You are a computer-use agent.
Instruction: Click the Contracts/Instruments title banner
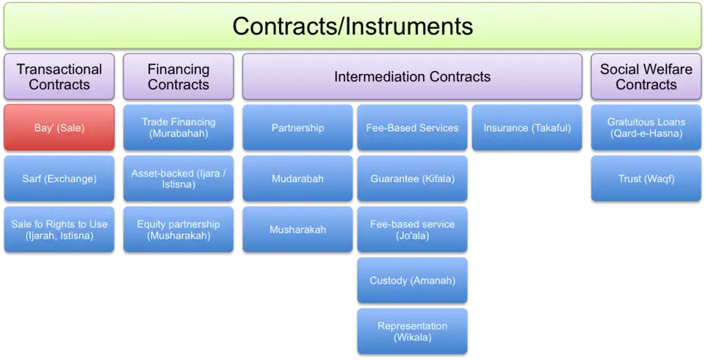click(352, 26)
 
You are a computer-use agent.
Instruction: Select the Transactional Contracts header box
click(59, 76)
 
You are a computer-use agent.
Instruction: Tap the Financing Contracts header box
click(178, 76)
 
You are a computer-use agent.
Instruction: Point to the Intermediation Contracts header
click(412, 76)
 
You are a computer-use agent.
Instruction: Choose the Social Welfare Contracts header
click(646, 76)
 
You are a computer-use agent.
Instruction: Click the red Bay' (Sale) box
click(59, 127)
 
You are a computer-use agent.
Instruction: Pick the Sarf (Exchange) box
click(59, 179)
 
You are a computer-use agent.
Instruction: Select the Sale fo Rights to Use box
click(59, 229)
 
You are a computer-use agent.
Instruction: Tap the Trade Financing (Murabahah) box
click(178, 127)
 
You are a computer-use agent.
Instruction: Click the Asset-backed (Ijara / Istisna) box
click(178, 179)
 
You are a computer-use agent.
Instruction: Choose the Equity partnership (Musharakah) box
click(178, 229)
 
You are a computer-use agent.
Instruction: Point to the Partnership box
click(297, 127)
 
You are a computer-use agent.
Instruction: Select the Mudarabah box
click(297, 179)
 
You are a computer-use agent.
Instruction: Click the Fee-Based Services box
click(412, 127)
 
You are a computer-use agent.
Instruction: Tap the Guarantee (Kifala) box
click(412, 179)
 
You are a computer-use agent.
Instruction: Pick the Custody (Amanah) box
click(412, 280)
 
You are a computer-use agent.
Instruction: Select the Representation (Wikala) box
click(412, 331)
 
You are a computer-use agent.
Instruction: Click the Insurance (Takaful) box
click(527, 127)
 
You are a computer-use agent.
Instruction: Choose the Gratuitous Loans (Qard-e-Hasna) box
click(646, 127)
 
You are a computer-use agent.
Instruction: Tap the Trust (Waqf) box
click(646, 179)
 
